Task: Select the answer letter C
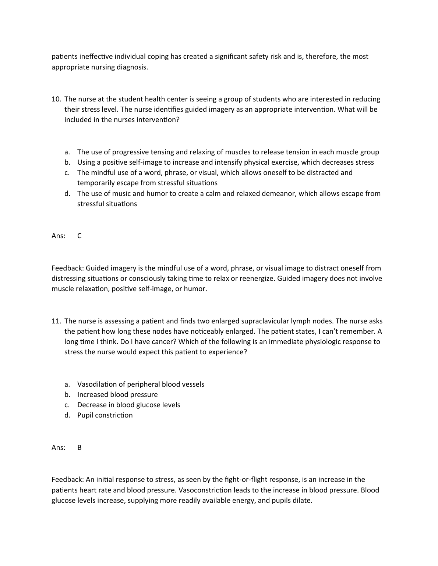coord(80,236)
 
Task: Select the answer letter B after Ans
coord(80,448)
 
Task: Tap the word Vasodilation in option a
coord(99,384)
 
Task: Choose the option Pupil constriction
coord(105,415)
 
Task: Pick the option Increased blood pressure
coord(117,395)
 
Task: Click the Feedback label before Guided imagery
coord(67,268)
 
